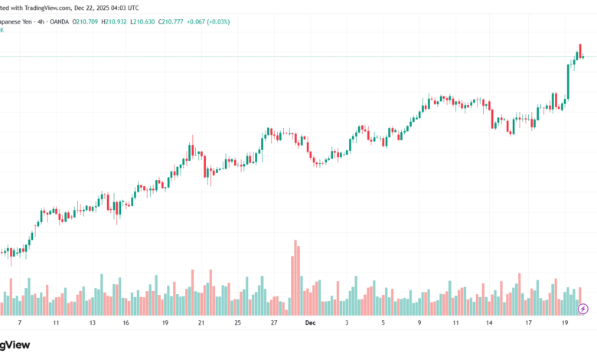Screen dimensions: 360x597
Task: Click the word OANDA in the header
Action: point(59,21)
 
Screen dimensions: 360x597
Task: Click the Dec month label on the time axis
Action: point(310,323)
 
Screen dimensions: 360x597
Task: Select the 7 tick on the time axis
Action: point(20,323)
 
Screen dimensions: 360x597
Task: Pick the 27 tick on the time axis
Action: point(274,323)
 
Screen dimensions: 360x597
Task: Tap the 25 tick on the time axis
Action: point(237,323)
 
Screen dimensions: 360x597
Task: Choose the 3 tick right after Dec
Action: point(347,323)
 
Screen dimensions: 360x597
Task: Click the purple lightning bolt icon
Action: point(583,309)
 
